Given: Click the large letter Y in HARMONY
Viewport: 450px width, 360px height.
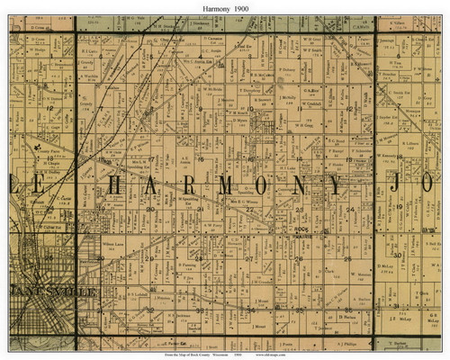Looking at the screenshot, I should (336, 186).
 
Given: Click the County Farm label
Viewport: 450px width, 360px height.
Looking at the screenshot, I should (48, 154).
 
